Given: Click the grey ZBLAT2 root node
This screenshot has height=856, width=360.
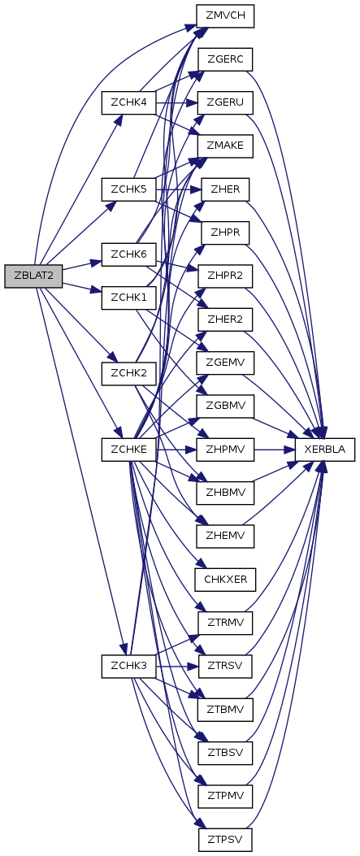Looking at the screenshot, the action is (33, 276).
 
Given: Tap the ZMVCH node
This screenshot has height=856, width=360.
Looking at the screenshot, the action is (226, 15).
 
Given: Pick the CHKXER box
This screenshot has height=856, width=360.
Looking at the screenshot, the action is (226, 579).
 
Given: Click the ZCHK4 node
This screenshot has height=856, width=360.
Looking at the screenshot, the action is (128, 102).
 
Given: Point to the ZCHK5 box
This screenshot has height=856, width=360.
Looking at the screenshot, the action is (128, 189).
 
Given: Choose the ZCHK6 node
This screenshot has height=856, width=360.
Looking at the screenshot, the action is (128, 255).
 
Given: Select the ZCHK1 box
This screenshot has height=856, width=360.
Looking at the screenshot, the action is (128, 298).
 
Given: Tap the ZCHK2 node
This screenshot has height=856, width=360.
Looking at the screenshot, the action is (128, 373).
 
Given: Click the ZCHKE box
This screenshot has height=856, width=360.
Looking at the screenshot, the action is (128, 450).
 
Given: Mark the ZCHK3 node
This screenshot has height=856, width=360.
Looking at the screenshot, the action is (128, 667).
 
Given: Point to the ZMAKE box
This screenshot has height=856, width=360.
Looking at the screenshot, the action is (226, 146).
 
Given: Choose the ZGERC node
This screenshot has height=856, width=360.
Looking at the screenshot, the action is (226, 59).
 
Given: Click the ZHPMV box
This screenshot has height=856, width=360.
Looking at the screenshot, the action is (226, 450).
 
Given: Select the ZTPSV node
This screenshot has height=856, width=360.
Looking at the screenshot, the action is (226, 840).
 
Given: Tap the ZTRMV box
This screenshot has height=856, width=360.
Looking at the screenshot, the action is (226, 623).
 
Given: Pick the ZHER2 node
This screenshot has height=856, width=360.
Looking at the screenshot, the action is (226, 319).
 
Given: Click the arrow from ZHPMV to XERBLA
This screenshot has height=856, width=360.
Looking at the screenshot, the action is (275, 450).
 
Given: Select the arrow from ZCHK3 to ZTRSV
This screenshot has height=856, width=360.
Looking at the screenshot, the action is (177, 667).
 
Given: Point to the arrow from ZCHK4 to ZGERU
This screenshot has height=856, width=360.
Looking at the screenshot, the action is (177, 102).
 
